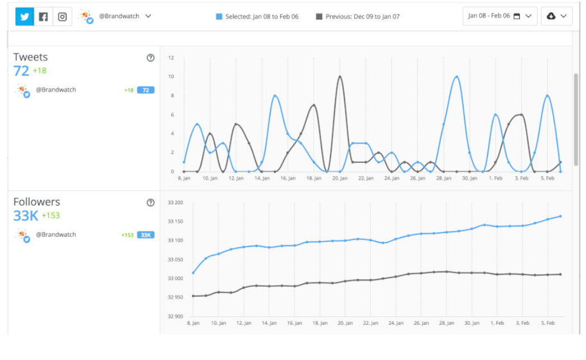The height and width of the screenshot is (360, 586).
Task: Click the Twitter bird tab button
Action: [25, 17]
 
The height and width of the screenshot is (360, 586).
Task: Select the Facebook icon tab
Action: [44, 17]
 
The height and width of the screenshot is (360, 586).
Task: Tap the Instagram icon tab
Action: [62, 17]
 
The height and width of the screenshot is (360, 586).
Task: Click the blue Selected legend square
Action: [219, 17]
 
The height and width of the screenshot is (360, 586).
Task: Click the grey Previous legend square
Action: [319, 17]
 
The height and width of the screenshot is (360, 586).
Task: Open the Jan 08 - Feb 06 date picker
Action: [500, 16]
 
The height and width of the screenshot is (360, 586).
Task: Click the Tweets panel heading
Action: [31, 57]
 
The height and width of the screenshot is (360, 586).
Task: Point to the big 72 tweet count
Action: [21, 71]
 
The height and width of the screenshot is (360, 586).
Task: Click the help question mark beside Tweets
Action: [150, 58]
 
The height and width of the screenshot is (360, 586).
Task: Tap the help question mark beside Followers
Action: [150, 203]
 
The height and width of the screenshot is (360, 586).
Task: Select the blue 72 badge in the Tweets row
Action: [146, 90]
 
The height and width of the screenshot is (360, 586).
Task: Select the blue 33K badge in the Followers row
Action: [146, 235]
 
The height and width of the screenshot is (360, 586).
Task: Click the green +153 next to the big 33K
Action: [50, 216]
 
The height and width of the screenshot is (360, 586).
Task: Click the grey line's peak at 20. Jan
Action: [339, 77]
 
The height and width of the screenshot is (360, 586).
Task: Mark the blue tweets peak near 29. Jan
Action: [457, 77]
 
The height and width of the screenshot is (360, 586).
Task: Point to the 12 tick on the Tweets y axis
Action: [171, 58]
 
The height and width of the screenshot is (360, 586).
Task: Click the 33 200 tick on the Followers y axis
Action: [175, 203]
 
